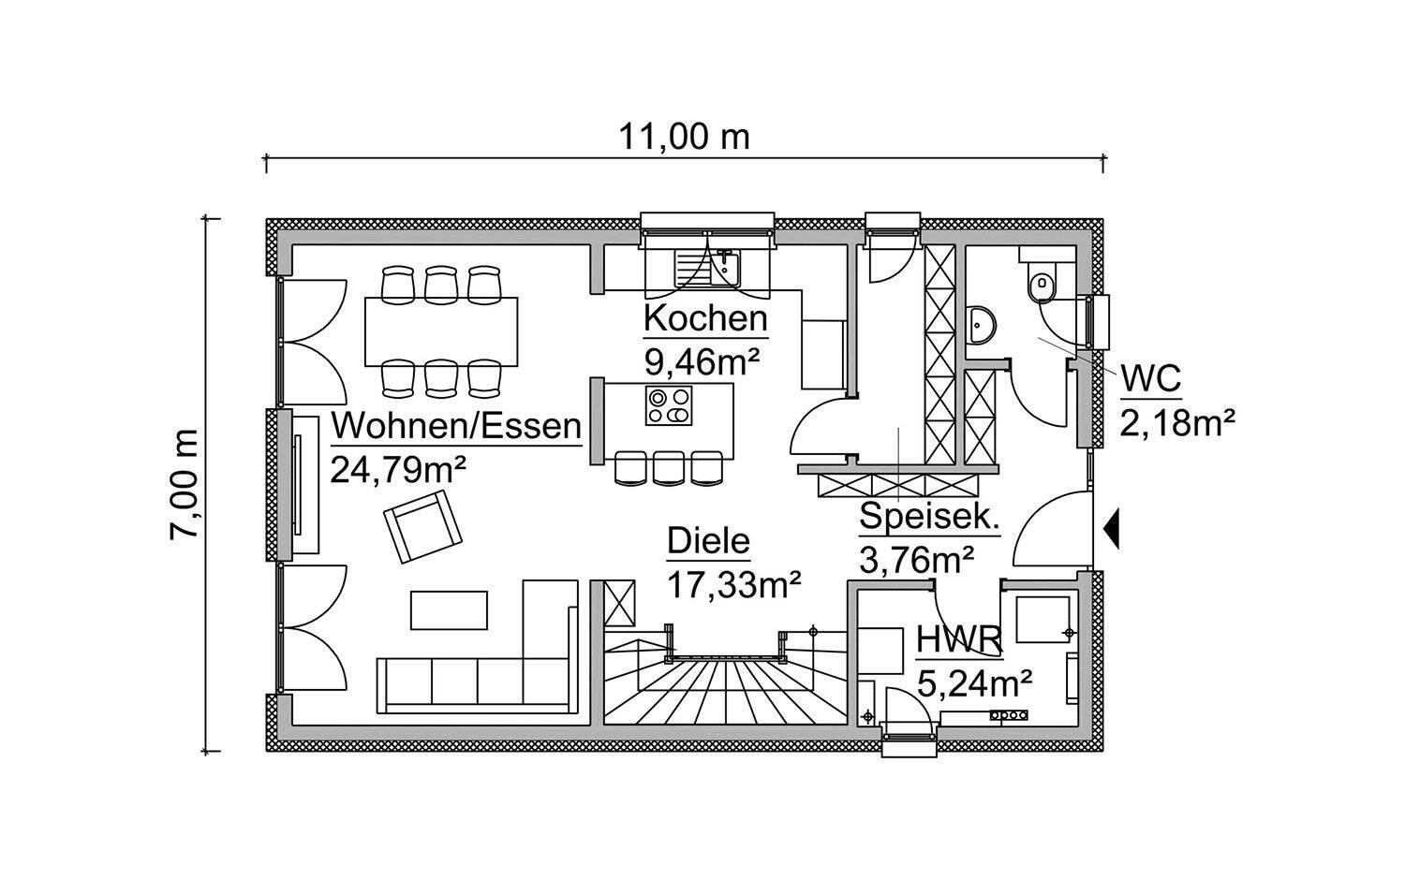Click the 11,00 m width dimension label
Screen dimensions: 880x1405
pos(684,137)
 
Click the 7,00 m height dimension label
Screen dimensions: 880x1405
pos(185,483)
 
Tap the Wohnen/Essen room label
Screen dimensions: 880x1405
pos(456,426)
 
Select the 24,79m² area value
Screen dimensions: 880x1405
pos(398,465)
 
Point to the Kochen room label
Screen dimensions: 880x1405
pos(704,318)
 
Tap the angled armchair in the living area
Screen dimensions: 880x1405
pos(422,527)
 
